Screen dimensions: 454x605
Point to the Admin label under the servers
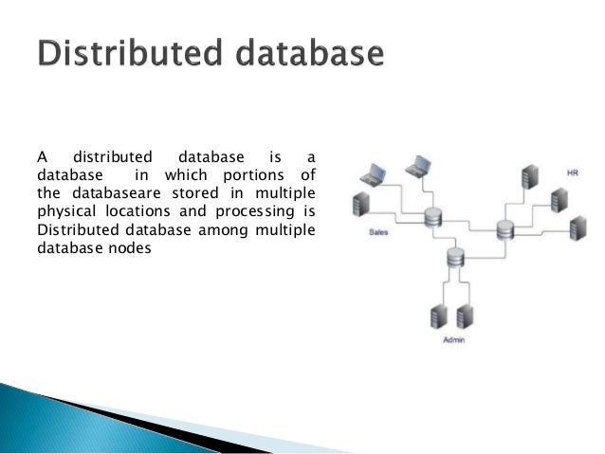click(454, 339)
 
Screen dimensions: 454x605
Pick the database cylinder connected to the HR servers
click(504, 228)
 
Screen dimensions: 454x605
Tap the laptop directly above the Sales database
click(418, 167)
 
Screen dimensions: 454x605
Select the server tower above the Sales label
click(359, 205)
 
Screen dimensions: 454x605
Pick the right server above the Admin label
click(464, 315)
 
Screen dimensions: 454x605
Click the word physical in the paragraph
click(64, 209)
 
